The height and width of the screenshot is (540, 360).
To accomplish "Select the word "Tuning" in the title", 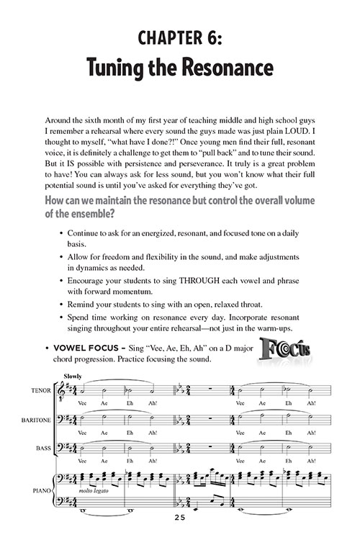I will pos(122,69).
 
